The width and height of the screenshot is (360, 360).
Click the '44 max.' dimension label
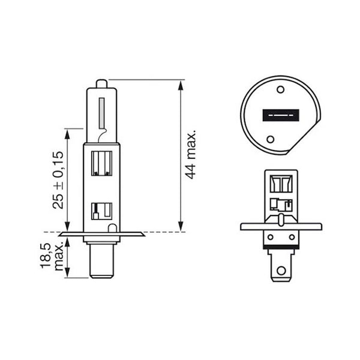point(191,154)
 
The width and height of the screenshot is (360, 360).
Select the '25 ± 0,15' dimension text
point(58,179)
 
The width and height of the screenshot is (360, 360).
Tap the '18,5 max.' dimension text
point(52,256)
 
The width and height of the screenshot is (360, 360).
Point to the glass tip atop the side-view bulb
point(101,83)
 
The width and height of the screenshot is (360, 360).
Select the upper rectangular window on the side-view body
point(101,163)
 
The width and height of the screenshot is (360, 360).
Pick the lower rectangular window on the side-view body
point(101,211)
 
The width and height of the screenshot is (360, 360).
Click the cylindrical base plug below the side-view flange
point(101,261)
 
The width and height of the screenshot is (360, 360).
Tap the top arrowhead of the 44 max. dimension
point(180,85)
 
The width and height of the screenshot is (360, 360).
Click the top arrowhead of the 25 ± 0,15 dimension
point(67,133)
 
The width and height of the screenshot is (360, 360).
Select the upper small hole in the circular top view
point(280,89)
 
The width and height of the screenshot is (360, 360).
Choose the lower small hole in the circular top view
point(271,139)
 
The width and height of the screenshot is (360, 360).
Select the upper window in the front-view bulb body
point(280,183)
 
